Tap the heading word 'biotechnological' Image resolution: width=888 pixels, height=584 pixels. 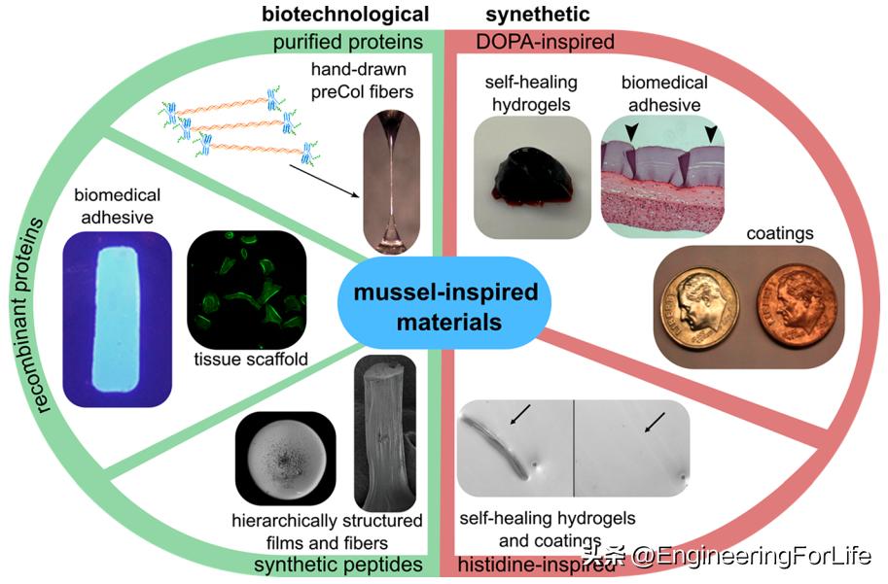click(x=345, y=14)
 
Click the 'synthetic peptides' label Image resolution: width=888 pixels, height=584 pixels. click(x=337, y=565)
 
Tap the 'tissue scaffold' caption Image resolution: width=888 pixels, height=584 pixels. click(x=252, y=360)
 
